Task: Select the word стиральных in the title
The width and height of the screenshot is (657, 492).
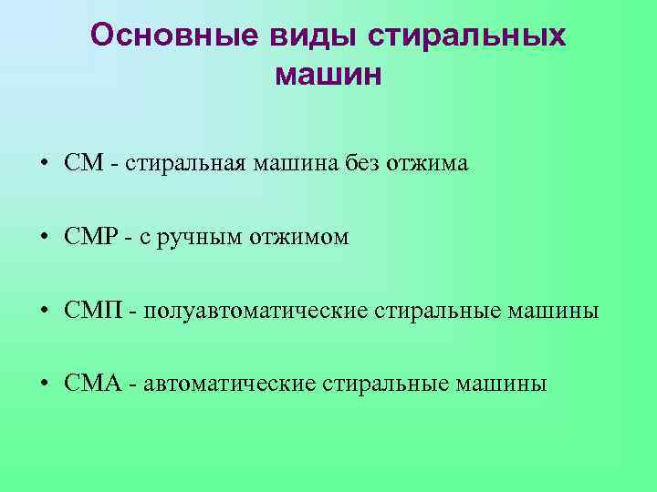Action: click(466, 36)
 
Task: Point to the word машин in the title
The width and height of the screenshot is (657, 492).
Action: click(328, 74)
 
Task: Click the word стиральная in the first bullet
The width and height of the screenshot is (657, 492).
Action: click(182, 165)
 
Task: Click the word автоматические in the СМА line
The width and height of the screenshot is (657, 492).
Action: click(227, 384)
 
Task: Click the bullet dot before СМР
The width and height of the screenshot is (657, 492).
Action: click(44, 239)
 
